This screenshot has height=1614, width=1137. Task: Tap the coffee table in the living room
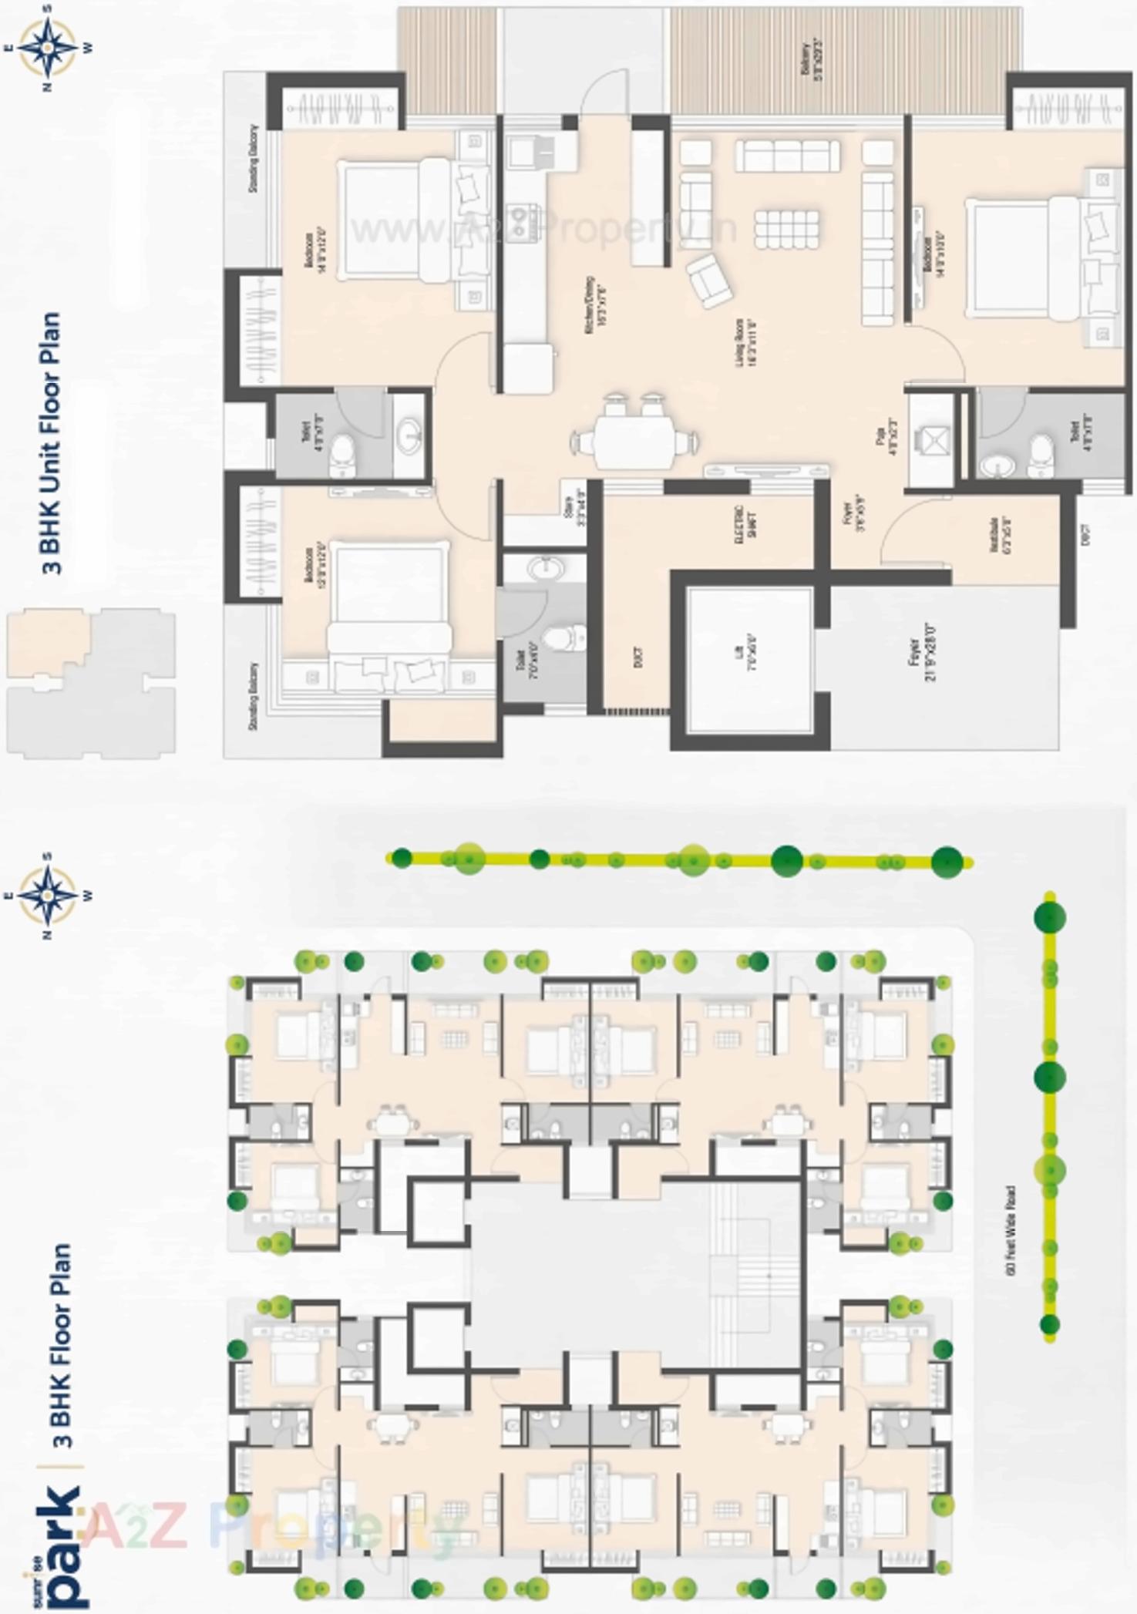coord(786,229)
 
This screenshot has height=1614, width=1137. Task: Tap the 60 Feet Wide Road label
coord(1012,1232)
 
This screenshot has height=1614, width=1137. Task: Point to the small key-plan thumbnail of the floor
coord(91,682)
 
